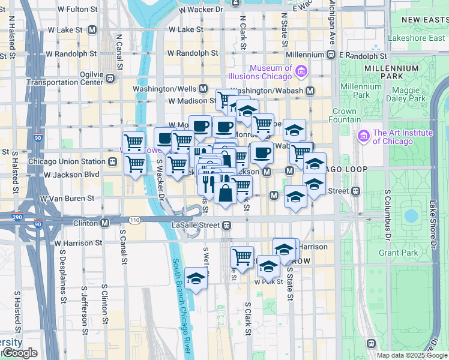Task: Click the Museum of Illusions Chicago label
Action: tap(271, 72)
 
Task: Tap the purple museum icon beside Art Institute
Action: tap(363, 137)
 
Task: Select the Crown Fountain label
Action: tap(345, 115)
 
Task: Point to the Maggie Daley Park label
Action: tap(405, 94)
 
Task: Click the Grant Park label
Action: tap(398, 253)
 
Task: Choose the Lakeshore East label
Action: tap(417, 38)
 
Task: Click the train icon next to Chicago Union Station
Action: tap(112, 161)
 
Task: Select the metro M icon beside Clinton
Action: tap(105, 223)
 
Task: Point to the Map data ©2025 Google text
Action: tap(412, 355)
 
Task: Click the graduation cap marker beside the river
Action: tap(196, 278)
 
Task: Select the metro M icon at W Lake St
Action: tap(92, 29)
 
